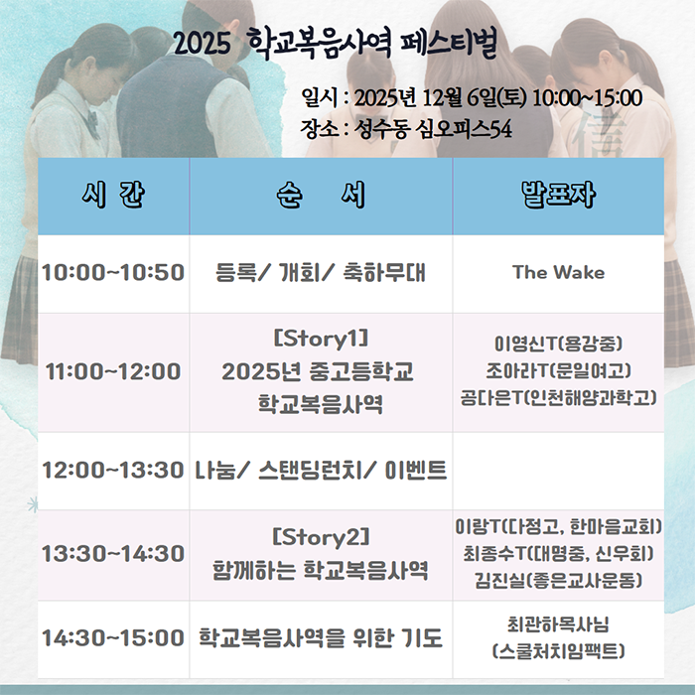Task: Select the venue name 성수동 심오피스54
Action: tap(434, 129)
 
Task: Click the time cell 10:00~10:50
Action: tap(113, 272)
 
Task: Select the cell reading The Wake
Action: tap(558, 272)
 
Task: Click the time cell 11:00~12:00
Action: tap(113, 372)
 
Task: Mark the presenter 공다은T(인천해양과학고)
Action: tap(559, 398)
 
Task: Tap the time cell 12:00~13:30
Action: tap(113, 470)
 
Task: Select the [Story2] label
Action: tap(320, 539)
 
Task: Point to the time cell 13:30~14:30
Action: tap(113, 553)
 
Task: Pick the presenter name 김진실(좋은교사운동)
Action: tap(559, 579)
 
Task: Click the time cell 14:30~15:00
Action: tap(113, 637)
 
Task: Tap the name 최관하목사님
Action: tap(558, 625)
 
